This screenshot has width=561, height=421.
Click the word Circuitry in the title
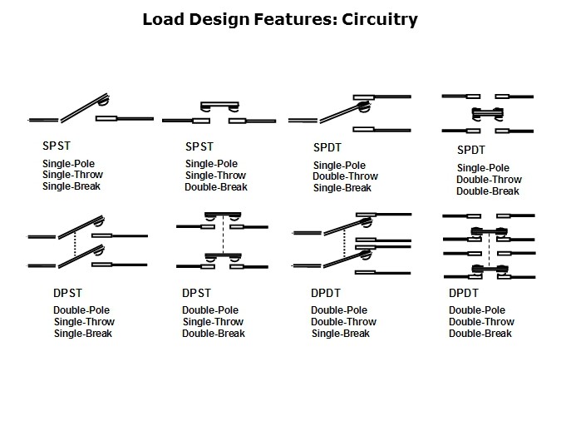tap(380, 19)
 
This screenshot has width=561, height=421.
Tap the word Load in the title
tap(163, 19)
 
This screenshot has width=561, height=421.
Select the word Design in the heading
tap(219, 20)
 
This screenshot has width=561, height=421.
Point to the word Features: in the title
tap(296, 19)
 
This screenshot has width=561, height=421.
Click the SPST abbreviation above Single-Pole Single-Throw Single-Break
tap(57, 146)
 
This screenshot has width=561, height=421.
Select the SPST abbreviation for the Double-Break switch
tap(199, 146)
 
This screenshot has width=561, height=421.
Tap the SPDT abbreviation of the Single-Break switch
tap(327, 147)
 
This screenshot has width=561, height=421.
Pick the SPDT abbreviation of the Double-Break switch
tap(471, 150)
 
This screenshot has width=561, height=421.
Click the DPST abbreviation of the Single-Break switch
tap(67, 293)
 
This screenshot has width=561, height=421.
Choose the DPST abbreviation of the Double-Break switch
tap(196, 293)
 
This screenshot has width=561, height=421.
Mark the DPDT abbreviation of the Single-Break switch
tap(325, 293)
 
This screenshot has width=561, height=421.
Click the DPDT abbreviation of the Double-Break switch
tap(463, 293)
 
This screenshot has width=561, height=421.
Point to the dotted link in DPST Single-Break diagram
tap(75, 245)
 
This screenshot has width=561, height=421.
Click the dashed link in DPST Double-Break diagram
tap(224, 235)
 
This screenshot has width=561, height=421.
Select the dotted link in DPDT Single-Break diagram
tap(344, 244)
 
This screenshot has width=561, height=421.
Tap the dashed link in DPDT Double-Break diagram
tap(489, 250)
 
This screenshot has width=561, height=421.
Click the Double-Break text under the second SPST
tap(216, 187)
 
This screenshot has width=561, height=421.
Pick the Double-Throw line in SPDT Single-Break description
tap(345, 176)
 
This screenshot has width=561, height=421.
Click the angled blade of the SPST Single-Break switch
tap(85, 108)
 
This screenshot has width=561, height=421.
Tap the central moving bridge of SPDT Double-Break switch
tap(488, 114)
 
